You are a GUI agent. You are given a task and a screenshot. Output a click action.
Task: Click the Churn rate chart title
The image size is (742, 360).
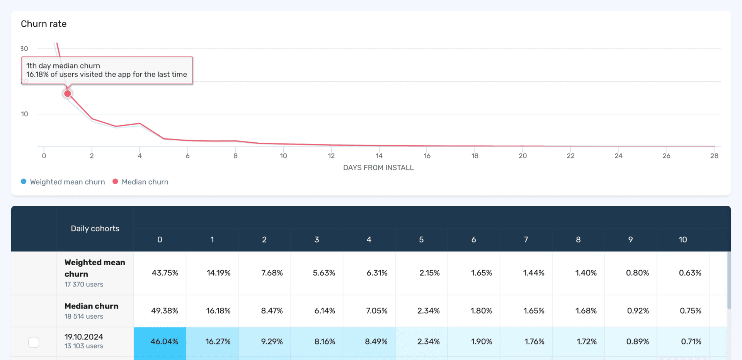(44, 24)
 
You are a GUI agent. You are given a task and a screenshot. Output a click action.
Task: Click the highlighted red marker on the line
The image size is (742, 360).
(68, 94)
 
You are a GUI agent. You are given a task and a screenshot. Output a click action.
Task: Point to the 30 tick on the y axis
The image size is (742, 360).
(24, 49)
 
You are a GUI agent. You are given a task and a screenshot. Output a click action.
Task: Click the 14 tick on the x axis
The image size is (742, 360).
(379, 156)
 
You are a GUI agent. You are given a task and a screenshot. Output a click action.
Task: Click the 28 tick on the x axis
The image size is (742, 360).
(714, 156)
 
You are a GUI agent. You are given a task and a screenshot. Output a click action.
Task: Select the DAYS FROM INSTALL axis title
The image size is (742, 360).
(378, 168)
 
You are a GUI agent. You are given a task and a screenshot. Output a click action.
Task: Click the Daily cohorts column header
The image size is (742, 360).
(95, 229)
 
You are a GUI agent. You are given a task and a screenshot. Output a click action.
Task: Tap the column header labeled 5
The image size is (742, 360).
(421, 240)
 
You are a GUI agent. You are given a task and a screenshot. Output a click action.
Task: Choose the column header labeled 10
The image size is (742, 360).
(683, 240)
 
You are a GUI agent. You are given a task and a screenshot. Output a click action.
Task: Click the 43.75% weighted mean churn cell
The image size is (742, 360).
(165, 273)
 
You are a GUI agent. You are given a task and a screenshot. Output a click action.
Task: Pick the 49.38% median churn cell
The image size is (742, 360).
(165, 311)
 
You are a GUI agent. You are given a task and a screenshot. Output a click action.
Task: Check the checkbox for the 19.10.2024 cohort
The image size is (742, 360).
(34, 342)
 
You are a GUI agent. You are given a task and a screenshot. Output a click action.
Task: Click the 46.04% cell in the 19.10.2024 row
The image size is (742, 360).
(164, 342)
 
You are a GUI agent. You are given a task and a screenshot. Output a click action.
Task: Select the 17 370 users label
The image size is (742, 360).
(84, 285)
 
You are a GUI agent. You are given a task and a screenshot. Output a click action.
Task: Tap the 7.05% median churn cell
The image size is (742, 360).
(376, 311)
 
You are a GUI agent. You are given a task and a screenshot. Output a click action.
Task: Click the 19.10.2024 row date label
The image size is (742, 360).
(84, 337)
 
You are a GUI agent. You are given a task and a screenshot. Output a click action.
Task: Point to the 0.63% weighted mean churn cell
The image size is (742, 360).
(690, 273)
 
